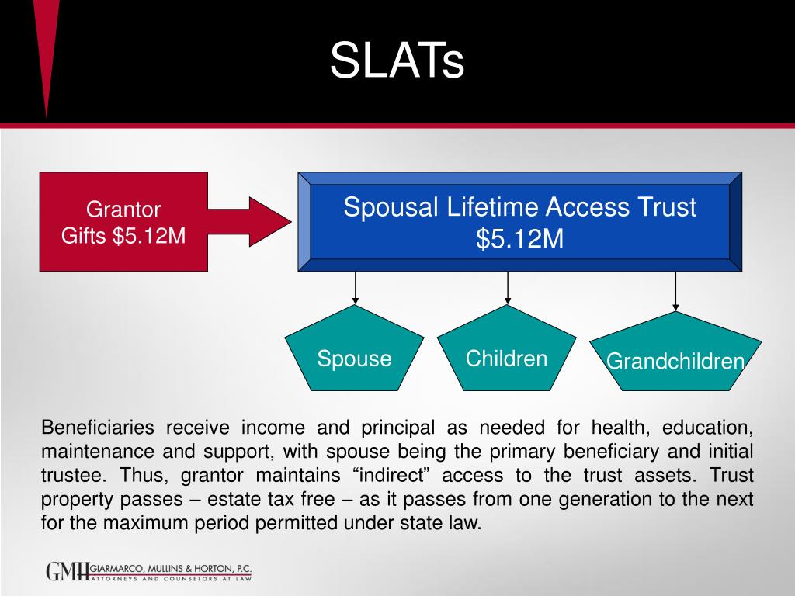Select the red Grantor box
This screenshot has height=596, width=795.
(x=123, y=221)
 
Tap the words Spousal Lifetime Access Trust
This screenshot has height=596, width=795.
(x=519, y=207)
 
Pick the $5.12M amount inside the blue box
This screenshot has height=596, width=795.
(x=519, y=239)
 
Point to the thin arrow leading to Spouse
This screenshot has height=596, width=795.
(x=356, y=287)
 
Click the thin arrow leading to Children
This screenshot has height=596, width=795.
(x=507, y=287)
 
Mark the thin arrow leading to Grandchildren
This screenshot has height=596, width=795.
(x=675, y=291)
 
